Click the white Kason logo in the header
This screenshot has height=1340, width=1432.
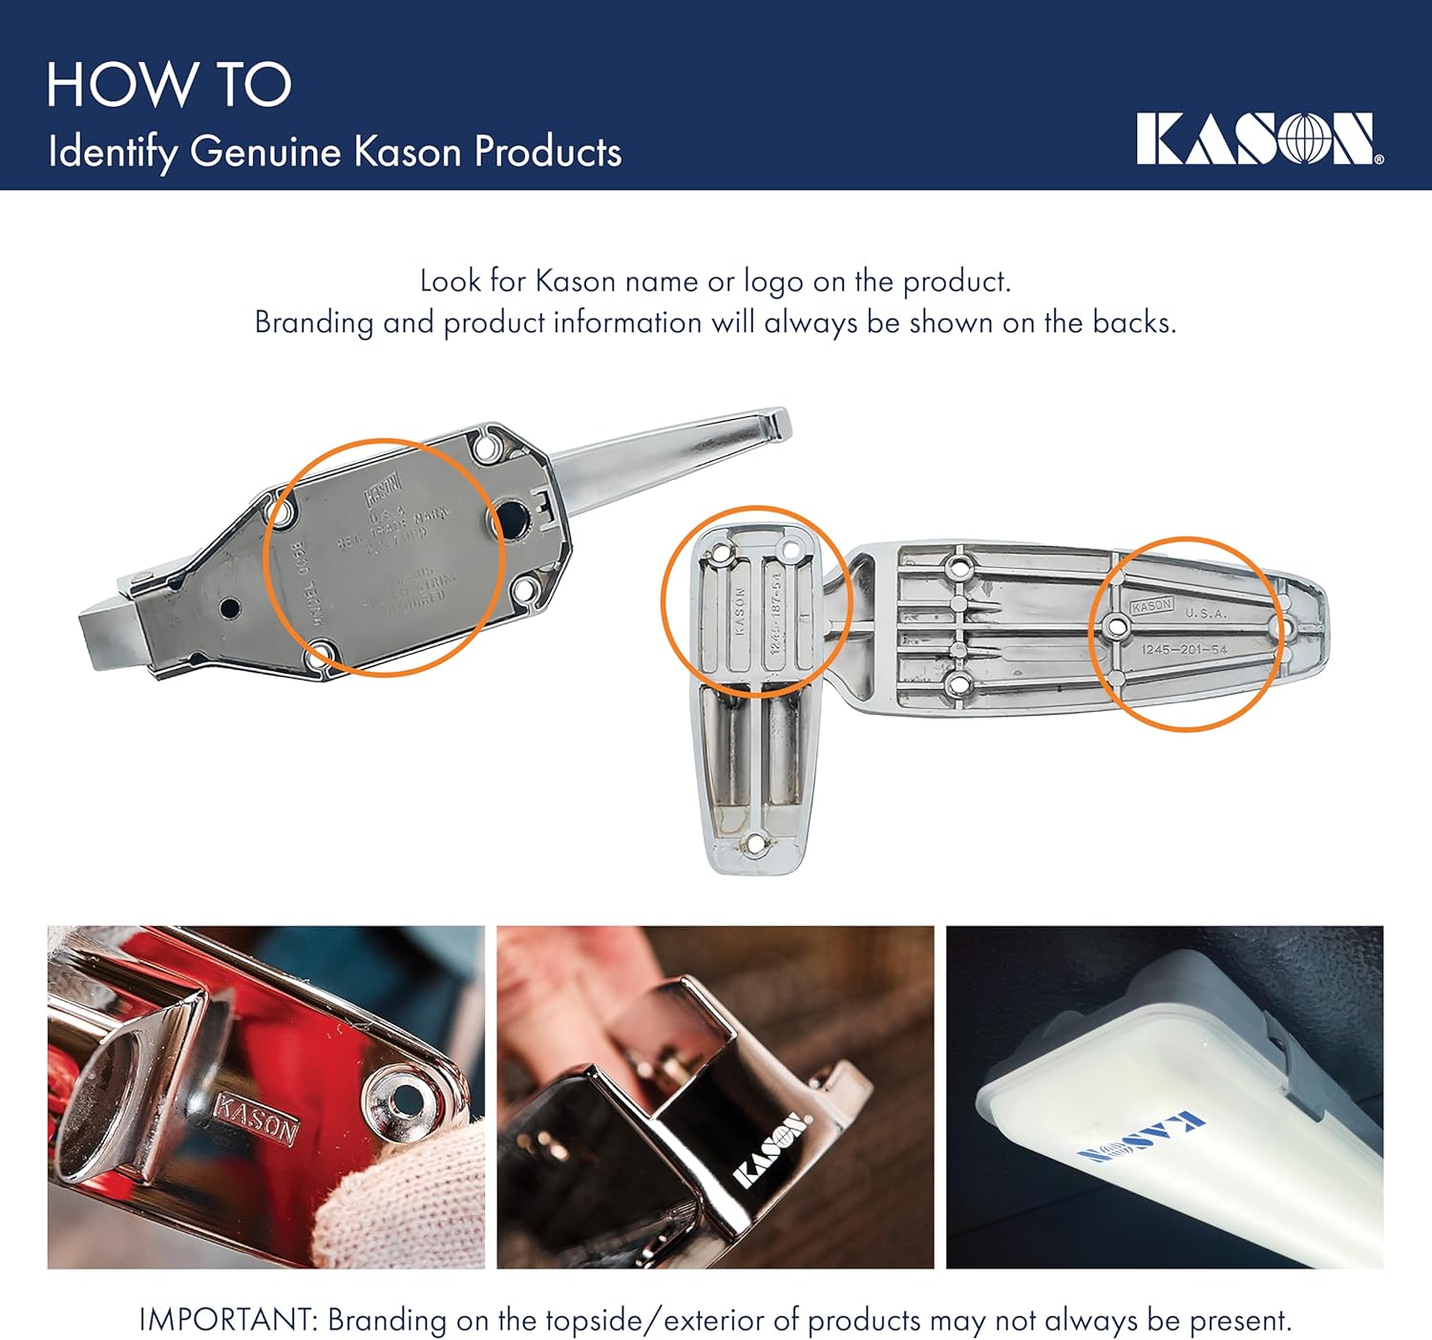[x=1256, y=139]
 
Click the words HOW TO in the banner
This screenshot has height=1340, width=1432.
[x=169, y=85]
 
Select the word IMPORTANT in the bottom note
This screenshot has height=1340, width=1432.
[x=225, y=1320]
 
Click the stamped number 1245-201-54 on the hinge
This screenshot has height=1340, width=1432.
[x=1185, y=649]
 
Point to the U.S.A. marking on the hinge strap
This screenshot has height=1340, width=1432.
[x=1206, y=613]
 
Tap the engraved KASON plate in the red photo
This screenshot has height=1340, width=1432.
[x=256, y=1119]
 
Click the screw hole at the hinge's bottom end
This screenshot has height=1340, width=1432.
[x=755, y=843]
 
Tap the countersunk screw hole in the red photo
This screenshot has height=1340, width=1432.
[x=403, y=1098]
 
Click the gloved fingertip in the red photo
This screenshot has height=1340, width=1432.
[x=382, y=1202]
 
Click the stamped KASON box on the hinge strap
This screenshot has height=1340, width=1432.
[x=1151, y=606]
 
